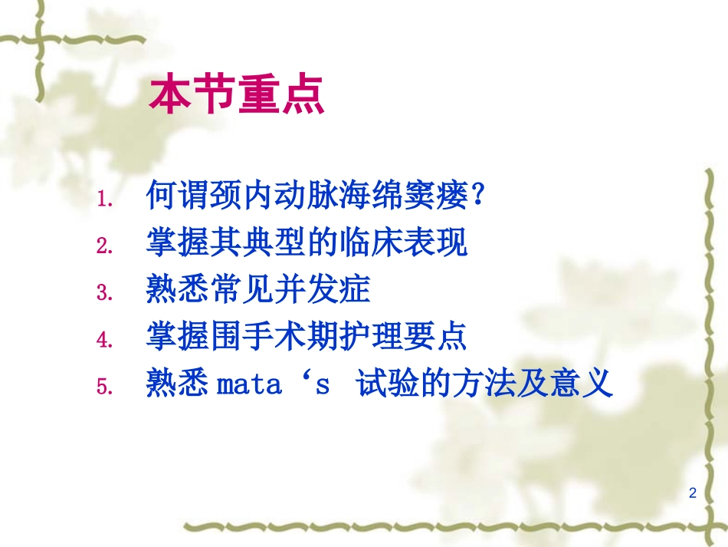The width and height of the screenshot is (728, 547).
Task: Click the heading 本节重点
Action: (237, 95)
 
